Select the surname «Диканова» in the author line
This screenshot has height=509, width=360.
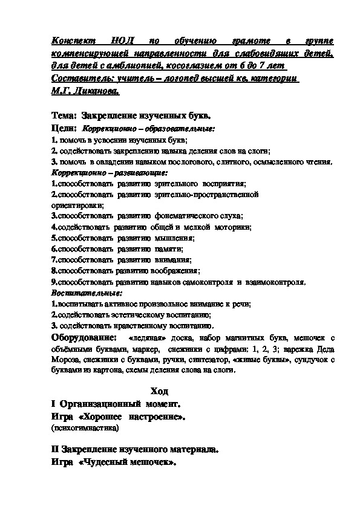[x=96, y=91]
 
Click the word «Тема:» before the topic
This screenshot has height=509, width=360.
[x=65, y=115]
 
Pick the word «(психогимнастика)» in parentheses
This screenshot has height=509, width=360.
[x=85, y=427]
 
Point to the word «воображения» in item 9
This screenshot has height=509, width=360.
[x=177, y=271]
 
